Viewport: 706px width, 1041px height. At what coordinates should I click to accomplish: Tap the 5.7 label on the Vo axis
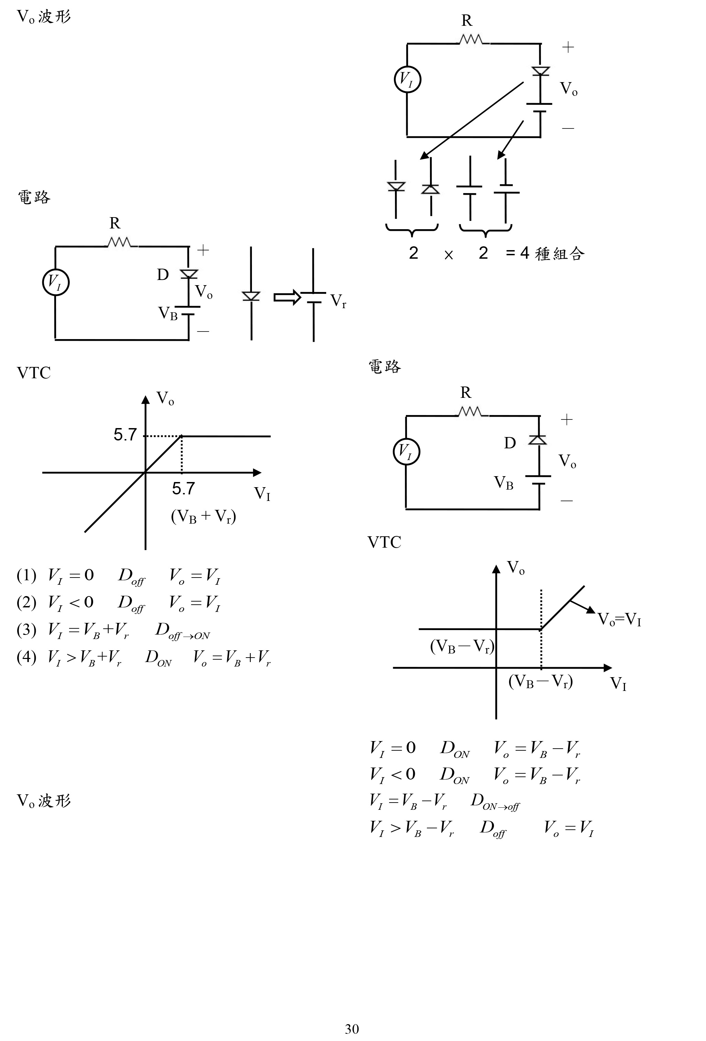pyautogui.click(x=125, y=435)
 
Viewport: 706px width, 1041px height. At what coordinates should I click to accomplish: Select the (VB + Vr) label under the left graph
pyautogui.click(x=203, y=516)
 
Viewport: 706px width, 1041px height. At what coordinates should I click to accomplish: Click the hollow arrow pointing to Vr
pyautogui.click(x=287, y=298)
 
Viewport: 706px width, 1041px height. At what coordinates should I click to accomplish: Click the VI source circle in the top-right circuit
pyautogui.click(x=407, y=80)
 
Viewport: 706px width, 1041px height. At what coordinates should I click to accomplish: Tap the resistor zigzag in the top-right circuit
pyautogui.click(x=471, y=40)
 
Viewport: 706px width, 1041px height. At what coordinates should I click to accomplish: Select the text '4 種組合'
pyautogui.click(x=552, y=254)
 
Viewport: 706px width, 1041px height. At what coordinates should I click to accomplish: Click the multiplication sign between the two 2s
pyautogui.click(x=448, y=255)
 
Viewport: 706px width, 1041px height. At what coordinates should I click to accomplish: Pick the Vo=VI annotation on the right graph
pyautogui.click(x=620, y=619)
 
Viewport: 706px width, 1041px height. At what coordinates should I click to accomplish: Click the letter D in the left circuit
pyautogui.click(x=163, y=275)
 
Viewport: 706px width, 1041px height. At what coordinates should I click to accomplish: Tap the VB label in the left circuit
pyautogui.click(x=168, y=313)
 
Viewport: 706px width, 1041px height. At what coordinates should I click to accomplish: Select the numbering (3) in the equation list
pyautogui.click(x=26, y=630)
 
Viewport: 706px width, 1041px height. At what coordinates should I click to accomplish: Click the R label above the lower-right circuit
pyautogui.click(x=466, y=392)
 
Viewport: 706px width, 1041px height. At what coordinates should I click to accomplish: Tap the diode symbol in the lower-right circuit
pyautogui.click(x=538, y=440)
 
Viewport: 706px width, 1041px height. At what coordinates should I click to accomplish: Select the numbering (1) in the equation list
pyautogui.click(x=26, y=575)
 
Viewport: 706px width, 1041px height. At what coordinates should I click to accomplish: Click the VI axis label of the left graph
pyautogui.click(x=262, y=494)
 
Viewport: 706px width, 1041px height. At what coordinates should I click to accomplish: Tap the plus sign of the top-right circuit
pyautogui.click(x=568, y=47)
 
